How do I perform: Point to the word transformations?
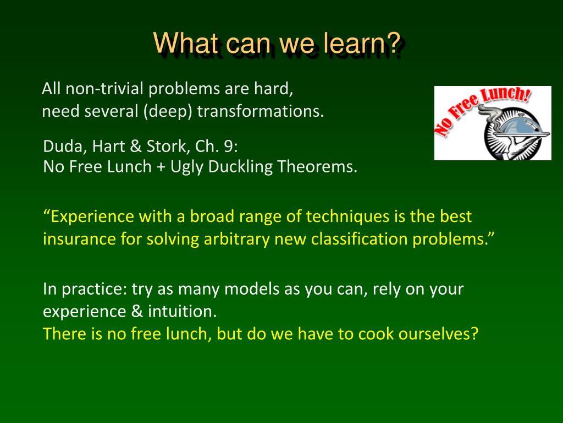click(261, 111)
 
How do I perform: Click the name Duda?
click(65, 147)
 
